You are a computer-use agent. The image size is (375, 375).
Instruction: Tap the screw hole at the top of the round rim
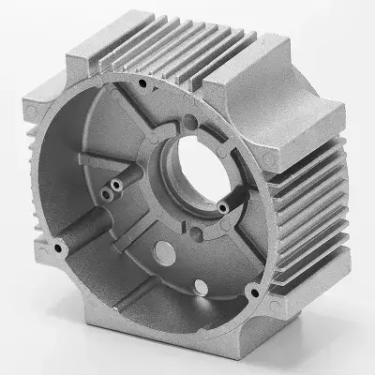[x=141, y=83]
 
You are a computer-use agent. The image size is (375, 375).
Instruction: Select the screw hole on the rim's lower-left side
[x=60, y=248]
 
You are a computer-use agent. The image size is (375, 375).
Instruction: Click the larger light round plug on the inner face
[x=162, y=250]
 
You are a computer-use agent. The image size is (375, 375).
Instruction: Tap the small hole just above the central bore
[x=190, y=120]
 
